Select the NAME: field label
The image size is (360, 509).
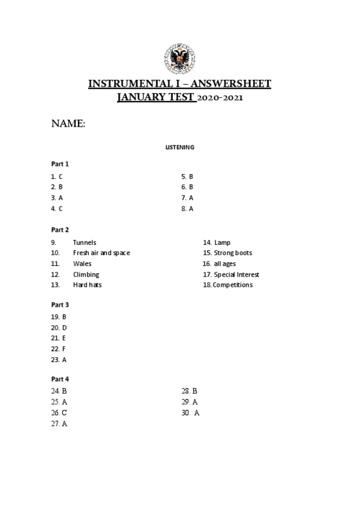pos(68,124)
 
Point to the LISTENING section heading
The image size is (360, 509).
pos(179,147)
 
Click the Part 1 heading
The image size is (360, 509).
pos(60,163)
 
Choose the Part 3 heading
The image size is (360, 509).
pos(60,305)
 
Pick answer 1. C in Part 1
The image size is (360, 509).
pos(57,176)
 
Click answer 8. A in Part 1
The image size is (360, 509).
pos(187,209)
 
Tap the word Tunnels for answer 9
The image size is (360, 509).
pos(85,242)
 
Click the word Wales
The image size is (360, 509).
pos(82,264)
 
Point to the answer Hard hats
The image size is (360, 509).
pos(88,285)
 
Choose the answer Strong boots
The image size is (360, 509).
pos(233,253)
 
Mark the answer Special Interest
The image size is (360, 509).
pos(236,275)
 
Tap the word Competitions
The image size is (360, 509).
pos(233,285)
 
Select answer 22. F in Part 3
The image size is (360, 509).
pos(58,349)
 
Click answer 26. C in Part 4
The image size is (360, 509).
pos(59,413)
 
